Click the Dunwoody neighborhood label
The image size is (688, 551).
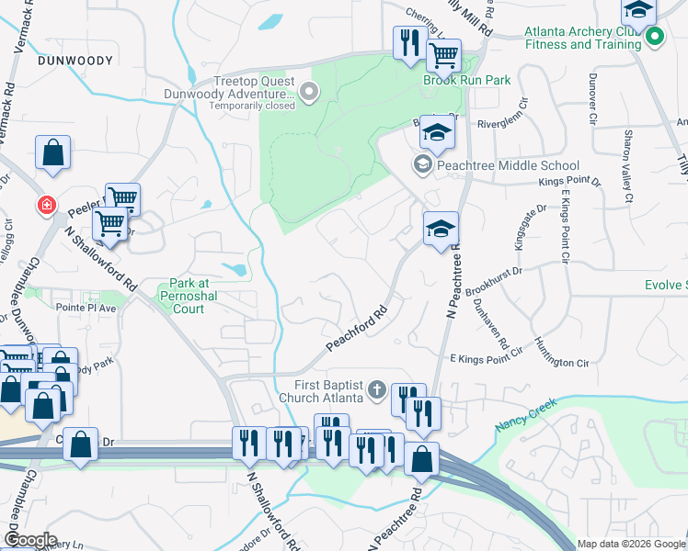pyautogui.click(x=75, y=61)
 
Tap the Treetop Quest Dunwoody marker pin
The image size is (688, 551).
pyautogui.click(x=308, y=90)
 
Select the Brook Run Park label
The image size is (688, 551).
pyautogui.click(x=466, y=80)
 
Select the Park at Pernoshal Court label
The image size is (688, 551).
pyautogui.click(x=194, y=297)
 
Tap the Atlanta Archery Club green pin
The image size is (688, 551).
pyautogui.click(x=654, y=38)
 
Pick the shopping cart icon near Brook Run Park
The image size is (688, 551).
pyautogui.click(x=444, y=55)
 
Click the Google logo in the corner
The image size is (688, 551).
pyautogui.click(x=30, y=540)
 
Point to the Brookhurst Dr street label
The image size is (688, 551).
pyautogui.click(x=494, y=280)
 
